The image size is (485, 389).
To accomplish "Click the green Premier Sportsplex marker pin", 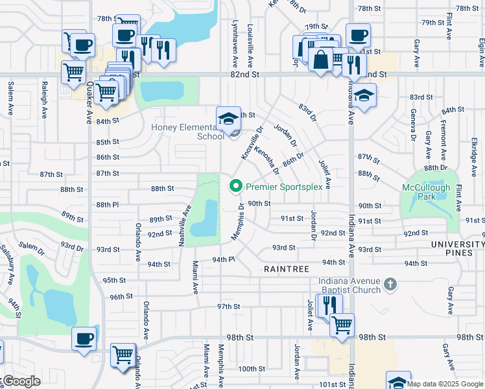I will click(235, 187).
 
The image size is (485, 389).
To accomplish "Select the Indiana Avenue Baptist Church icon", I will click(390, 284).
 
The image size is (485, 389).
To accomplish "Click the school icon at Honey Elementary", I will click(228, 119).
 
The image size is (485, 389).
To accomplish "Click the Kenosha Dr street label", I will click(266, 161).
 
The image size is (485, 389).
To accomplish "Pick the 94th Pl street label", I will click(222, 259).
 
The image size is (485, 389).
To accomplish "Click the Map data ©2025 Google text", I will click(445, 384).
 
